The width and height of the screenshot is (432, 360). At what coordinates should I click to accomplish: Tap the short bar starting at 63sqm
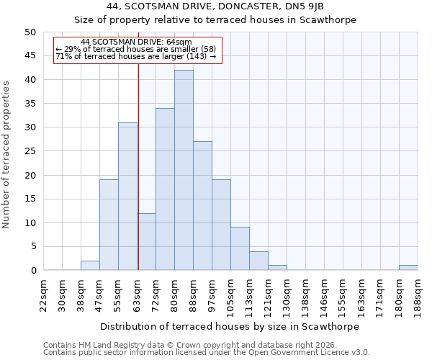[146, 242]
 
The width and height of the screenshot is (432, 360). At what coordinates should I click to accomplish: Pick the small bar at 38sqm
[90, 266]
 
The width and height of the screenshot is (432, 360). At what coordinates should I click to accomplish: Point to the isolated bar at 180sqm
[408, 268]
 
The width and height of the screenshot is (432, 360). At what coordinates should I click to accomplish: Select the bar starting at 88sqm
[202, 206]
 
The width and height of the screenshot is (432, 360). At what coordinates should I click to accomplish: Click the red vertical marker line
[138, 166]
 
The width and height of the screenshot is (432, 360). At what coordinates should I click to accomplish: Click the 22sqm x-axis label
[43, 294]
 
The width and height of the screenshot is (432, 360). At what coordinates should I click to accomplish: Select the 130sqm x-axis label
[287, 294]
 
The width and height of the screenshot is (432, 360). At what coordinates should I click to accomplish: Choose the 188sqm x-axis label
[418, 294]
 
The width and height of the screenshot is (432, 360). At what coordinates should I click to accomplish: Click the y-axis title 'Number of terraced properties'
[7, 154]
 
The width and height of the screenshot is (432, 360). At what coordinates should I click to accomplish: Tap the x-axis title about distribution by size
[229, 326]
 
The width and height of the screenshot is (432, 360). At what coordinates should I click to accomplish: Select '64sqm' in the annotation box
[179, 42]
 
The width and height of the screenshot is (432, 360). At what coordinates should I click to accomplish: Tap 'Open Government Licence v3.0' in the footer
[309, 352]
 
